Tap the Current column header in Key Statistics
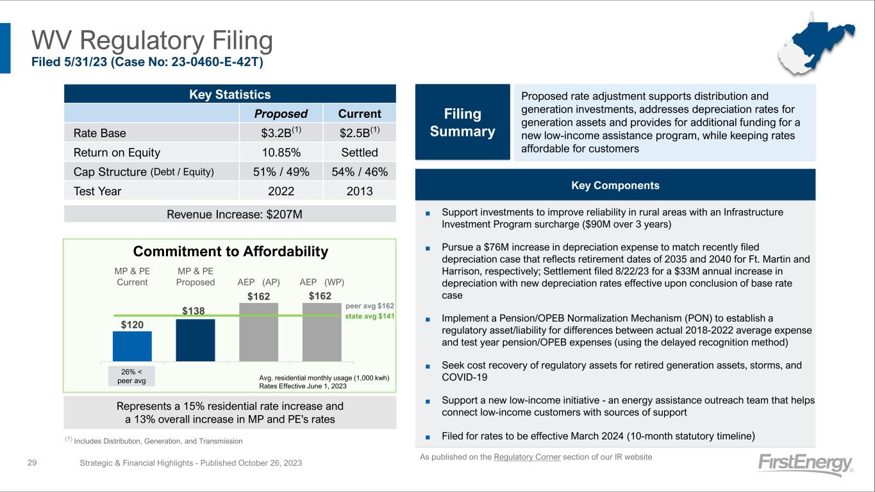[x=360, y=113]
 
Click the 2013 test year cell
[x=360, y=191]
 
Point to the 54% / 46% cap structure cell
[x=360, y=172]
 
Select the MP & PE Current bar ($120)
[x=132, y=346]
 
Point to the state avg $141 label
[x=374, y=316]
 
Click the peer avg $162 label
[x=374, y=306]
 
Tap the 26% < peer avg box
[x=132, y=376]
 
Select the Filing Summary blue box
[x=462, y=122]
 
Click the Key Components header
[x=615, y=185]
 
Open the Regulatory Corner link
[x=528, y=457]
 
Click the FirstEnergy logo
[x=804, y=464]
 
